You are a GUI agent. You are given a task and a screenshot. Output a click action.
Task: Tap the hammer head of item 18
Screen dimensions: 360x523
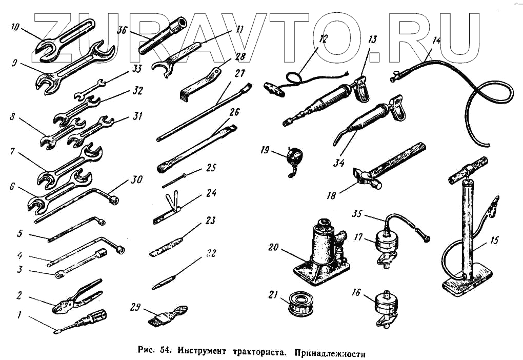(x=368, y=177)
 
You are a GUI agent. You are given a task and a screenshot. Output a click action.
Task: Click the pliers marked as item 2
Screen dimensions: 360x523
(x=77, y=297)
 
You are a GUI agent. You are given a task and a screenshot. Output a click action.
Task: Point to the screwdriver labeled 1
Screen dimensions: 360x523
(x=82, y=321)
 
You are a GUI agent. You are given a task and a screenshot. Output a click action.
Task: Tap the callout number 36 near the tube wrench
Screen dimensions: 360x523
(x=122, y=30)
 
